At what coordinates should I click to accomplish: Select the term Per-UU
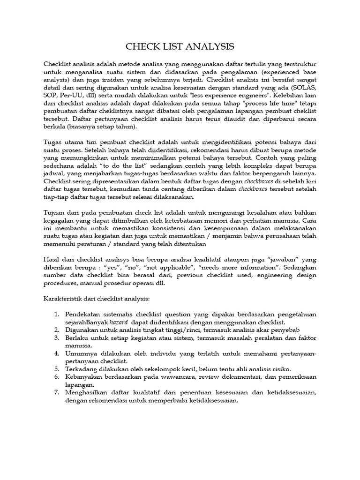pyautogui.click(x=72, y=97)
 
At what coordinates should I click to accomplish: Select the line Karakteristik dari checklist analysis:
pyautogui.click(x=96, y=297)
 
